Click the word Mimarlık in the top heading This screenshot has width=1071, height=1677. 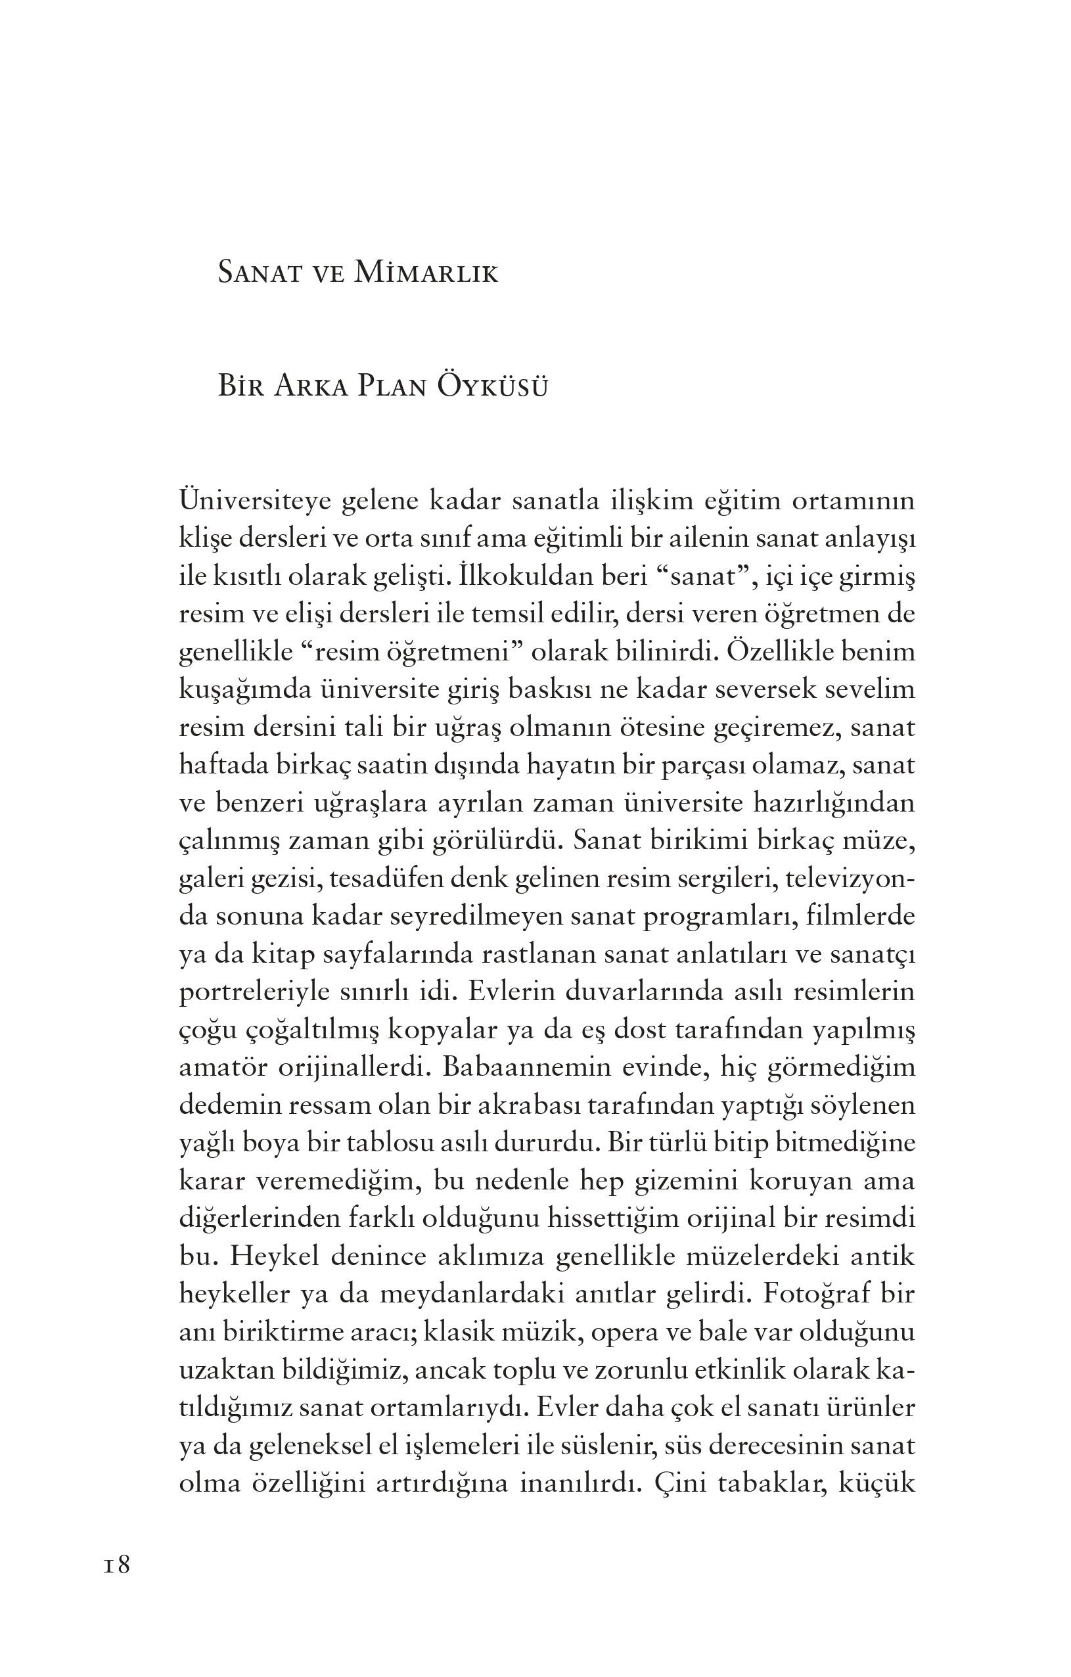coord(426,273)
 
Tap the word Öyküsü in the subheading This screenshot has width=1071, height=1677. coord(492,386)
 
